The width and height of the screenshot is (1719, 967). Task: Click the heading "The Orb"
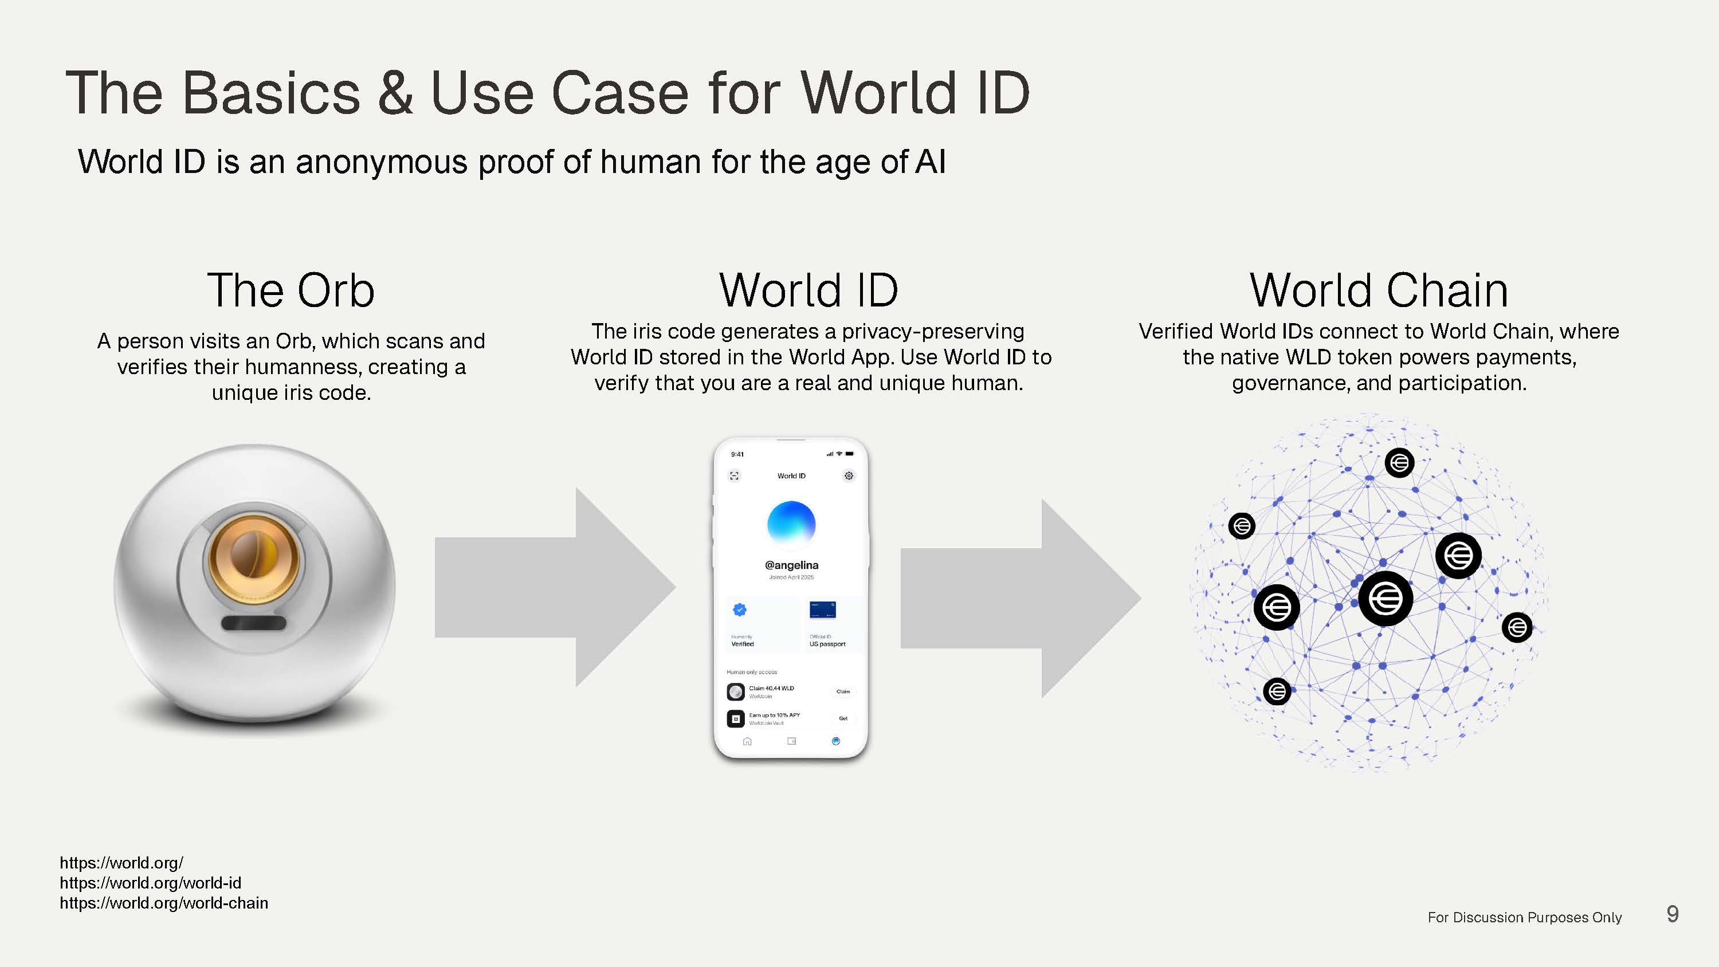pos(291,290)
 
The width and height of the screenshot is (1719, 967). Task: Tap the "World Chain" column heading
pos(1379,290)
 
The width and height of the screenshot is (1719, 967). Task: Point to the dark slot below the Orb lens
pos(254,623)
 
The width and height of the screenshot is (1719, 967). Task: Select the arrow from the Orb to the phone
pos(554,587)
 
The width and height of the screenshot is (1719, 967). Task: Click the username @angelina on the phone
pos(791,565)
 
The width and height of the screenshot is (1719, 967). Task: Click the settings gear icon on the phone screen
pos(849,476)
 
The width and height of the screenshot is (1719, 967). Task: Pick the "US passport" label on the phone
pos(827,644)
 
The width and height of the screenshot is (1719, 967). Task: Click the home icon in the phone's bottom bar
pos(747,741)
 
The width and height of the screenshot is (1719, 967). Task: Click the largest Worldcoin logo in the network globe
pos(1386,599)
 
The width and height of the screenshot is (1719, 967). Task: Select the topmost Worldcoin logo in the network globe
pos(1399,462)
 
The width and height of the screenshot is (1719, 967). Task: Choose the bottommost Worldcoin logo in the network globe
pos(1277,691)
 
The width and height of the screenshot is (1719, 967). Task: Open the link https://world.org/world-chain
pos(164,903)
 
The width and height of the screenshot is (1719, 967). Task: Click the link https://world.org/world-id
pos(151,883)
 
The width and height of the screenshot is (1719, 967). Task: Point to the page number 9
pos(1672,914)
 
